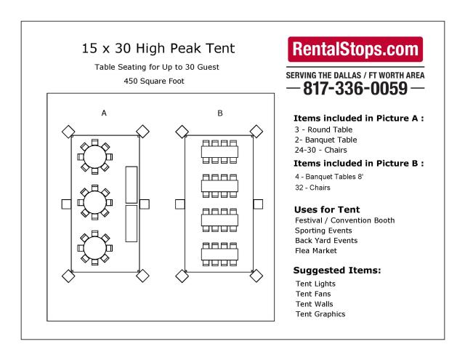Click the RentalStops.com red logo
[x=356, y=50]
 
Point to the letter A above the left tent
[x=105, y=113]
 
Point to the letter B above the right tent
[x=220, y=113]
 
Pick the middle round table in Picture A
[x=94, y=201]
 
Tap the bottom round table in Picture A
[x=94, y=248]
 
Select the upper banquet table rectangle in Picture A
[x=132, y=184]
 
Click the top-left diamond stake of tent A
[x=68, y=131]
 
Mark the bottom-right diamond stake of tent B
[x=256, y=276]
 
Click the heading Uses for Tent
[x=328, y=209]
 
